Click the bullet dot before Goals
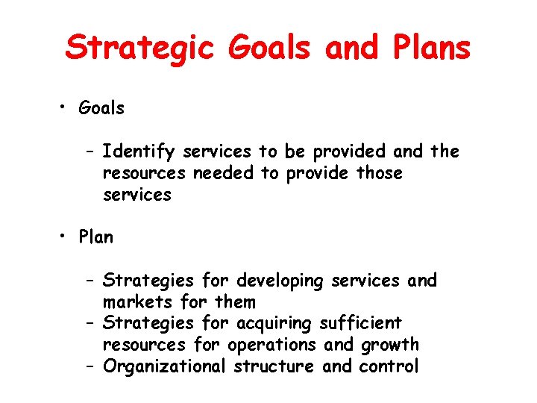coord(66,108)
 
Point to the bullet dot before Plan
coord(66,237)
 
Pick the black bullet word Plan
coord(96,237)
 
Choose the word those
coord(378,173)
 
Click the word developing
coord(280,281)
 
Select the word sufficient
coord(360,324)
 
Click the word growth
coord(390,346)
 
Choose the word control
coord(389,366)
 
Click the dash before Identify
coord(89,152)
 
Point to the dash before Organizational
coord(89,366)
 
